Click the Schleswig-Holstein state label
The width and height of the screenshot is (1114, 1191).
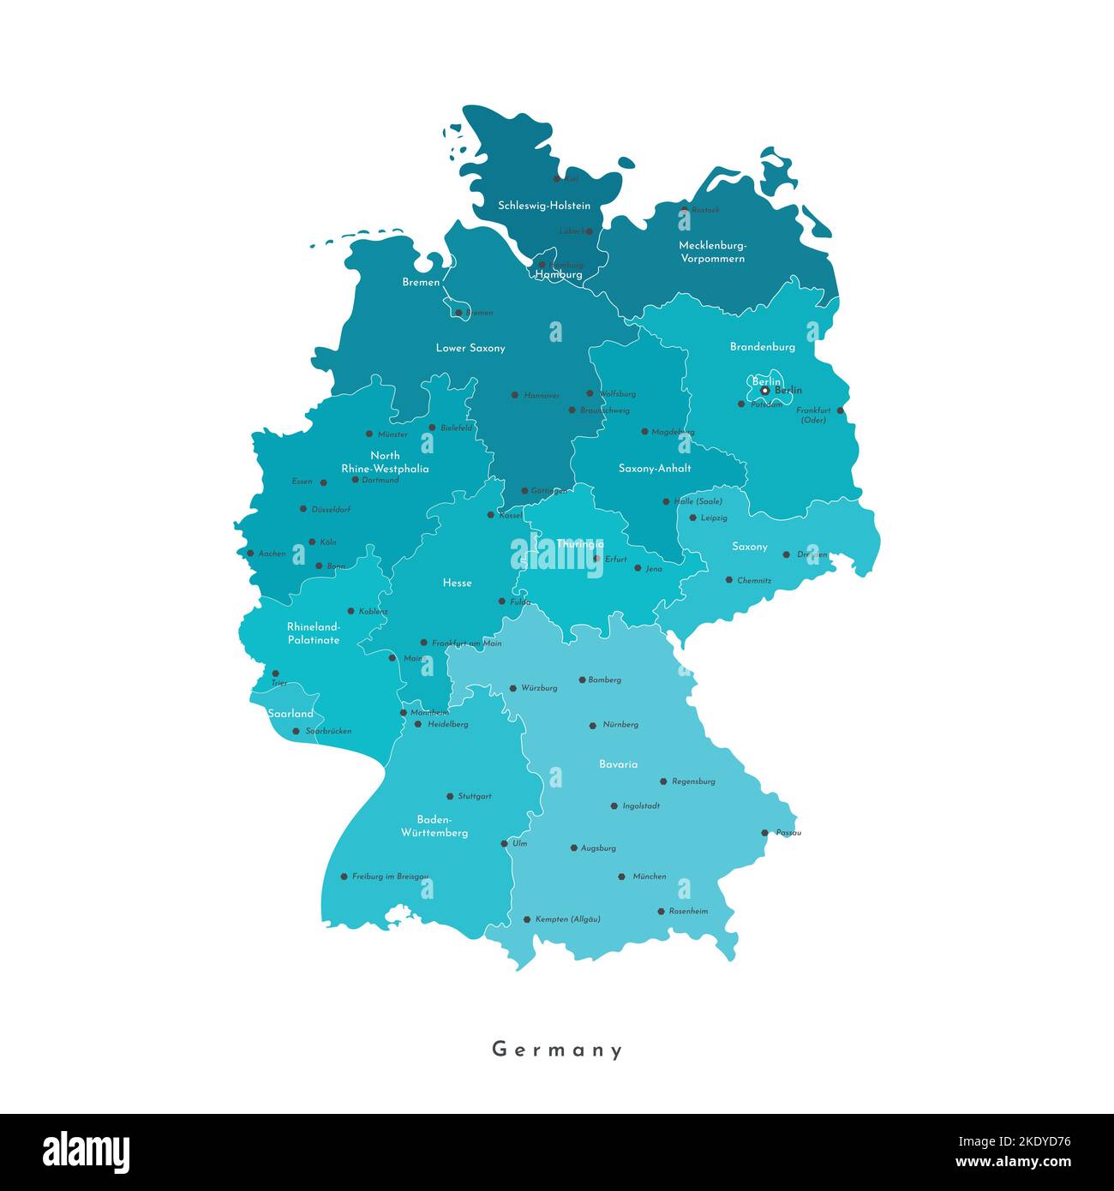point(544,206)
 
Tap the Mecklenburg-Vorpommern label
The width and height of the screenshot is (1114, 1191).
point(712,252)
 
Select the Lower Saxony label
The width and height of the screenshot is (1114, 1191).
point(470,348)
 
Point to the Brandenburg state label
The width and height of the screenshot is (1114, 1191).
point(762,347)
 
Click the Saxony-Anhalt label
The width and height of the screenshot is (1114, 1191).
point(655,469)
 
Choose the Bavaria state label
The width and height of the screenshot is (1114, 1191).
point(618,764)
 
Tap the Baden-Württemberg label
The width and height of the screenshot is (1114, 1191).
point(434,826)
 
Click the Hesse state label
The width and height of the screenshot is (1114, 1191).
point(457,583)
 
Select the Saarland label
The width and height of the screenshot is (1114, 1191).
point(290,714)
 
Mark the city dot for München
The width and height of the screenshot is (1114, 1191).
point(621,877)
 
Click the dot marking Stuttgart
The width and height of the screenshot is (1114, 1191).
point(450,796)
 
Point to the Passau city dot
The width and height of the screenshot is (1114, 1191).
point(764,832)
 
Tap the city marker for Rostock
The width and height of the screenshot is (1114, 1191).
point(684,209)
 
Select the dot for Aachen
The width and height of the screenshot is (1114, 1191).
point(250,554)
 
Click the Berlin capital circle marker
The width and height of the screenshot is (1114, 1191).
point(765,391)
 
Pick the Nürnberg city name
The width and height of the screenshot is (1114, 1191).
point(620,725)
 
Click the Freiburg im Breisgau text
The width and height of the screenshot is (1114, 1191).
point(390,877)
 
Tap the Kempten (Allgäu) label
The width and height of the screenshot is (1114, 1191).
point(567,919)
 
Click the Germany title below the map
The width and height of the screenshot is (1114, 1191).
point(557,1050)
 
